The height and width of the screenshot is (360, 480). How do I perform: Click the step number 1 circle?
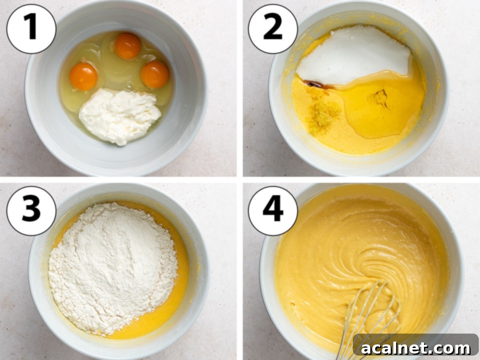pos(31,29)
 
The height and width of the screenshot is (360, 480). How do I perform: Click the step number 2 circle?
pos(273,29)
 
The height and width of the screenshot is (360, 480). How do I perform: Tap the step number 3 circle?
pos(31,211)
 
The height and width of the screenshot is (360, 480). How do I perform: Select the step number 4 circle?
pos(273,211)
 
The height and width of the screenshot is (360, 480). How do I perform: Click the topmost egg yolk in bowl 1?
pos(128,46)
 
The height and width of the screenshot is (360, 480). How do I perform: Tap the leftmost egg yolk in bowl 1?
pos(83,76)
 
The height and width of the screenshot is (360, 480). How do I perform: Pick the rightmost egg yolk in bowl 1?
pos(155,74)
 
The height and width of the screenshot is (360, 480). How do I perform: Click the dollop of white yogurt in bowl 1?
pos(119,115)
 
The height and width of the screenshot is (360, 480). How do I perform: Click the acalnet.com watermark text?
pos(416,348)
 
